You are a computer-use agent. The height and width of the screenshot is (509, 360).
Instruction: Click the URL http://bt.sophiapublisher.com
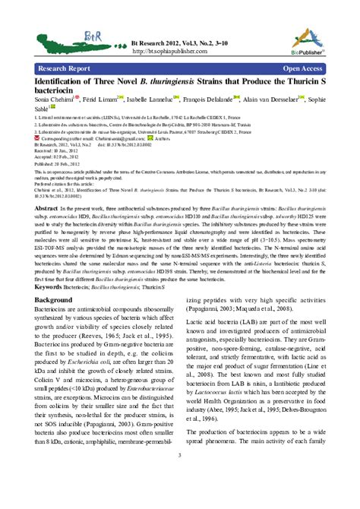tap(171, 52)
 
